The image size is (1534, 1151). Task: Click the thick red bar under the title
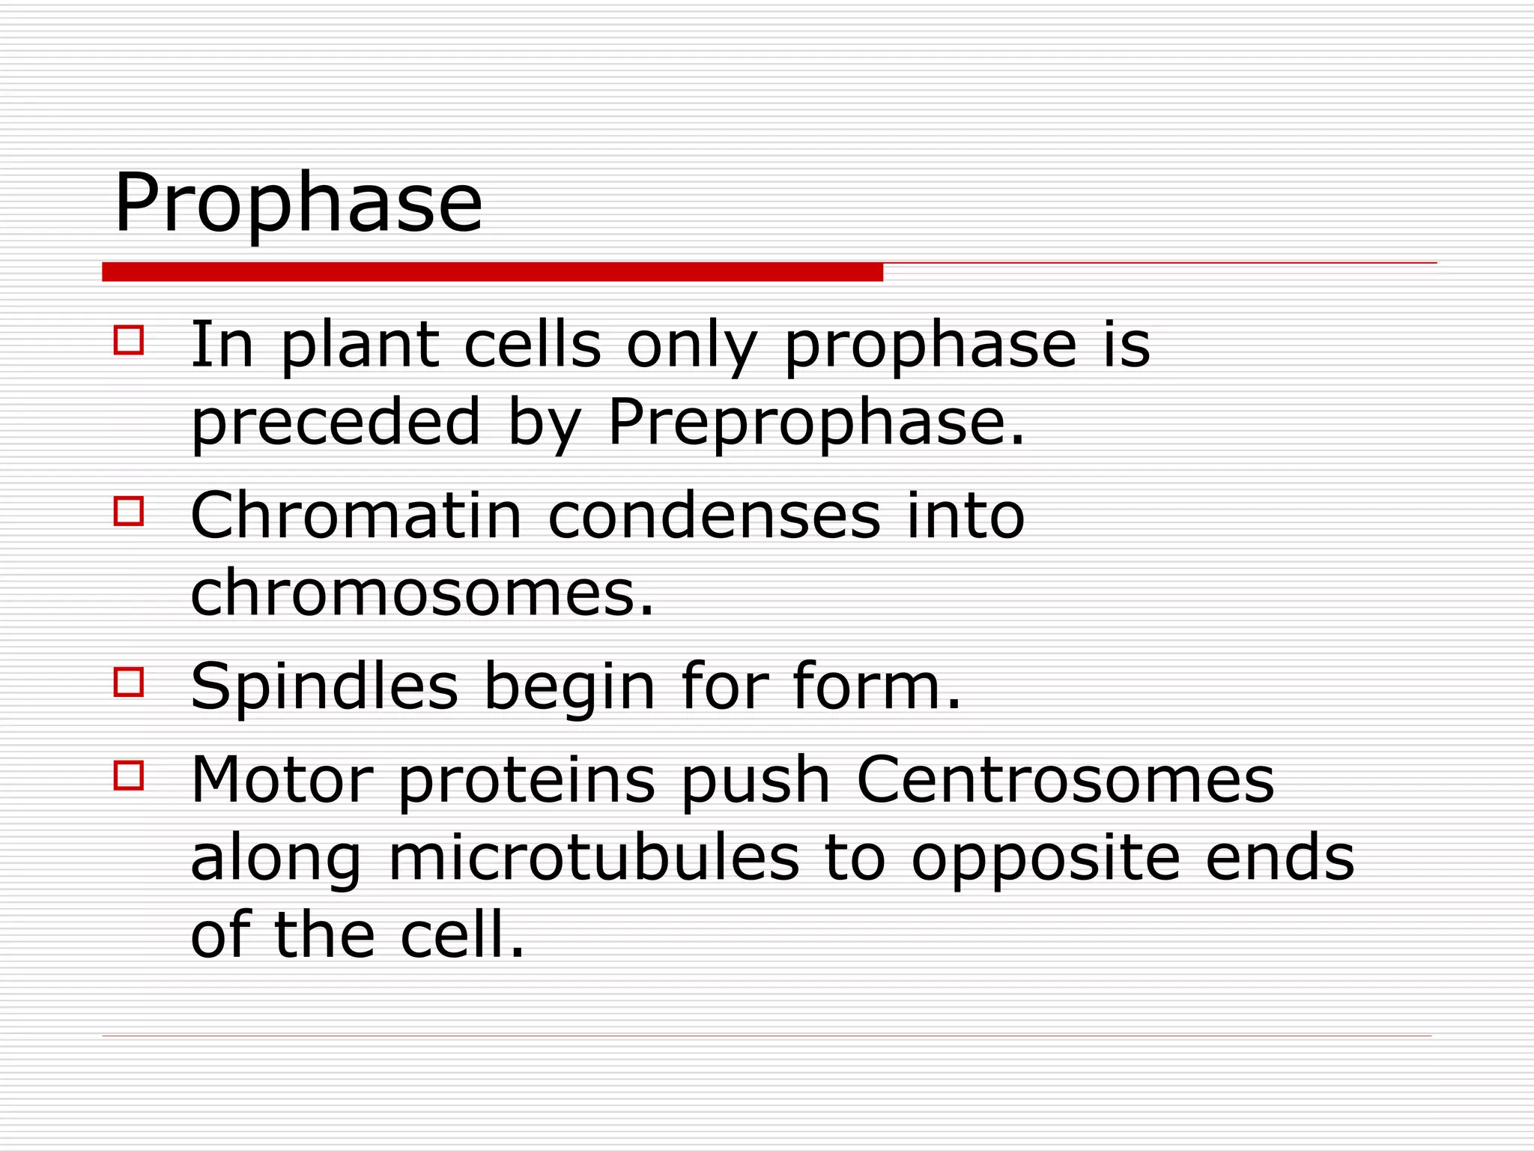(492, 272)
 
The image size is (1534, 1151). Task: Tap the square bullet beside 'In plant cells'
(129, 339)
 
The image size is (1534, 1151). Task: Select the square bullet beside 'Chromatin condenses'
(129, 511)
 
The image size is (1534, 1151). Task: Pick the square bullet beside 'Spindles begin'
(129, 682)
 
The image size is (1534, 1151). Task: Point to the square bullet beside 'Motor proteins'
(129, 776)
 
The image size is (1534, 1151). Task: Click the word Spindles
(324, 686)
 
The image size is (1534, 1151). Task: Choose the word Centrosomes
(1064, 780)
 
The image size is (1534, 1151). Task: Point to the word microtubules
(593, 858)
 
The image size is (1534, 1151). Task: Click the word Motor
(282, 780)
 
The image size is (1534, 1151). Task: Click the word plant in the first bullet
(360, 346)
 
